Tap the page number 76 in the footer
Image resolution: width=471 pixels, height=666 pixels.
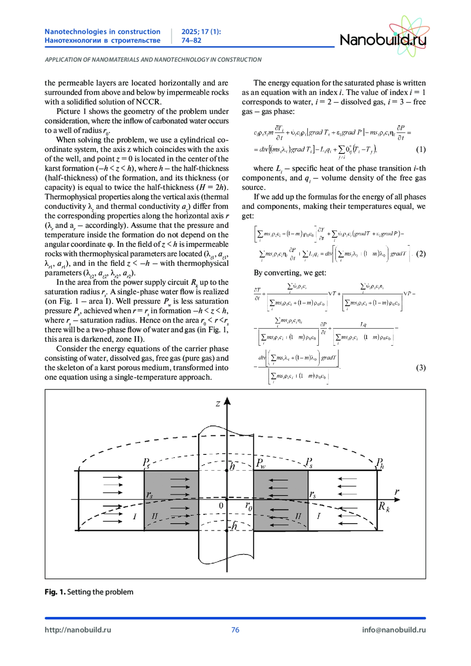(x=235, y=630)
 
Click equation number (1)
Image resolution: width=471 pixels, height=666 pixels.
(x=420, y=149)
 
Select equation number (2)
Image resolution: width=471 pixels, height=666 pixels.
(x=420, y=254)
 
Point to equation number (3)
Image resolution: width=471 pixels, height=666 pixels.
(x=420, y=367)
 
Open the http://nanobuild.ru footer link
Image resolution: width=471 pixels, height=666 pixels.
(x=78, y=630)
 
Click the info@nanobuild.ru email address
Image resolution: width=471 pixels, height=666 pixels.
(x=394, y=630)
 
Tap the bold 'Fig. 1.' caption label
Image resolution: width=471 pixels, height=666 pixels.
(x=55, y=592)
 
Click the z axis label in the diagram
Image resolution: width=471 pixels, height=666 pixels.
(x=218, y=403)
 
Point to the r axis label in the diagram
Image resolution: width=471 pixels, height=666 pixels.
(x=397, y=492)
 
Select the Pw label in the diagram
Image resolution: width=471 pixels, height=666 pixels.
(x=261, y=463)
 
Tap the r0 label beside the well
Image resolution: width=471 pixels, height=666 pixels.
(x=249, y=506)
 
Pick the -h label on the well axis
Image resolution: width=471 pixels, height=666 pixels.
(x=233, y=526)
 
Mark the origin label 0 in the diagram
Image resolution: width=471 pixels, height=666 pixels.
(x=221, y=505)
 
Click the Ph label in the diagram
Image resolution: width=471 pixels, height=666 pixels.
(x=380, y=463)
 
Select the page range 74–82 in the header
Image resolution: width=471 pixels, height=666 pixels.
(x=191, y=40)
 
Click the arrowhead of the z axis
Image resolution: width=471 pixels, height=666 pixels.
(x=227, y=401)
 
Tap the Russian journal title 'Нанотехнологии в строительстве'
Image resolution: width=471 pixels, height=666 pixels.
(x=102, y=40)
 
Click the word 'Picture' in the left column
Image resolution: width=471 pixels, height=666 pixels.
(x=68, y=111)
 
